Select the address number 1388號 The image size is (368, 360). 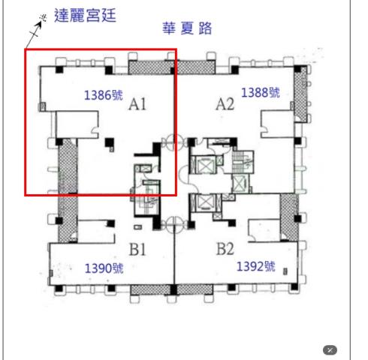260,92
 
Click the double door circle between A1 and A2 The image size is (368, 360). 174,139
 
